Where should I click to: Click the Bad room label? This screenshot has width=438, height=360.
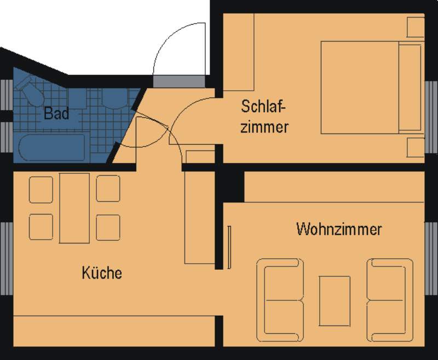pyautogui.click(x=56, y=113)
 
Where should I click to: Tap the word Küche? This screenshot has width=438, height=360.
pyautogui.click(x=102, y=272)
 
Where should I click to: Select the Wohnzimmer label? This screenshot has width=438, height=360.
pyautogui.click(x=339, y=229)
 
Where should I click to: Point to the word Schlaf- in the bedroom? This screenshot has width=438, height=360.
pyautogui.click(x=264, y=106)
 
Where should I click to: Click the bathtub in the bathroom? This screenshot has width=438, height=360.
pyautogui.click(x=52, y=147)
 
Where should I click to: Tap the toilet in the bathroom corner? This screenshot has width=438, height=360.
pyautogui.click(x=30, y=91)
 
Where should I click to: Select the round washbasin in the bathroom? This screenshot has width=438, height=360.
pyautogui.click(x=114, y=98)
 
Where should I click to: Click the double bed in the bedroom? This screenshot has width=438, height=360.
pyautogui.click(x=372, y=88)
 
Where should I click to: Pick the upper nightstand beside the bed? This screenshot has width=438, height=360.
pyautogui.click(x=416, y=27)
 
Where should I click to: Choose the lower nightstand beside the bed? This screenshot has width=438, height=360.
pyautogui.click(x=416, y=147)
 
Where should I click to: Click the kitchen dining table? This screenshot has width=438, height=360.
pyautogui.click(x=74, y=208)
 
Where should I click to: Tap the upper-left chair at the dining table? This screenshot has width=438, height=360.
pyautogui.click(x=41, y=189)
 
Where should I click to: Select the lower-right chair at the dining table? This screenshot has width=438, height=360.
pyautogui.click(x=108, y=227)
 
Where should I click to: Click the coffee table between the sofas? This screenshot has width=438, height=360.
pyautogui.click(x=335, y=301)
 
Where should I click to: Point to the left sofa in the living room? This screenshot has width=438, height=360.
pyautogui.click(x=280, y=300)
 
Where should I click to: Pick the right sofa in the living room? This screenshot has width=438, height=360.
pyautogui.click(x=390, y=300)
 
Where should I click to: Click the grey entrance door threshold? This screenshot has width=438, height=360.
pyautogui.click(x=179, y=81)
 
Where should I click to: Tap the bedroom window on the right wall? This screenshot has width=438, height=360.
pyautogui.click(x=431, y=117)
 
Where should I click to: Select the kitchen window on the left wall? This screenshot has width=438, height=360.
pyautogui.click(x=6, y=258)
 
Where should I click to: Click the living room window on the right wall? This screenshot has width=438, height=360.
pyautogui.click(x=431, y=258)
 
